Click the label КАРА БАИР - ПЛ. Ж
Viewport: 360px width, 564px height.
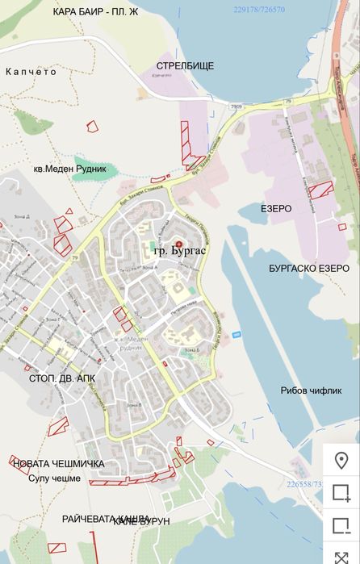(95, 12)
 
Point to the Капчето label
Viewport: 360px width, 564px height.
(31, 72)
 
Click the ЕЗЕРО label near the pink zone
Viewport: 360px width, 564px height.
(276, 208)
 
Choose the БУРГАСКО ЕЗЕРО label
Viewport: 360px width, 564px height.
(308, 268)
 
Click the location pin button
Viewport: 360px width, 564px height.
(341, 461)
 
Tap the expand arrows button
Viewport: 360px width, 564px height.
(341, 557)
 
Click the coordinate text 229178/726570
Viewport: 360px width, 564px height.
(258, 9)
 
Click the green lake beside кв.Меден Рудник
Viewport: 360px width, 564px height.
(102, 170)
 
